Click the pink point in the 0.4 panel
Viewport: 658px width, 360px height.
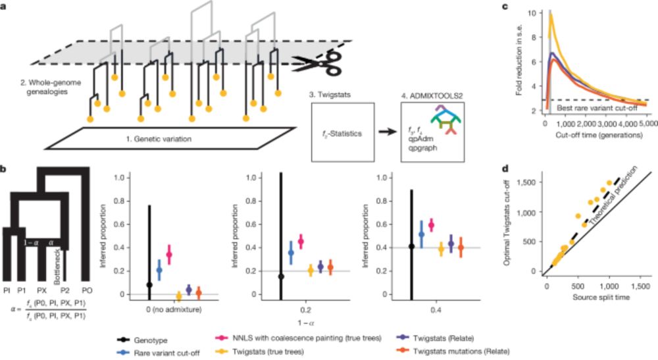[432, 225]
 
